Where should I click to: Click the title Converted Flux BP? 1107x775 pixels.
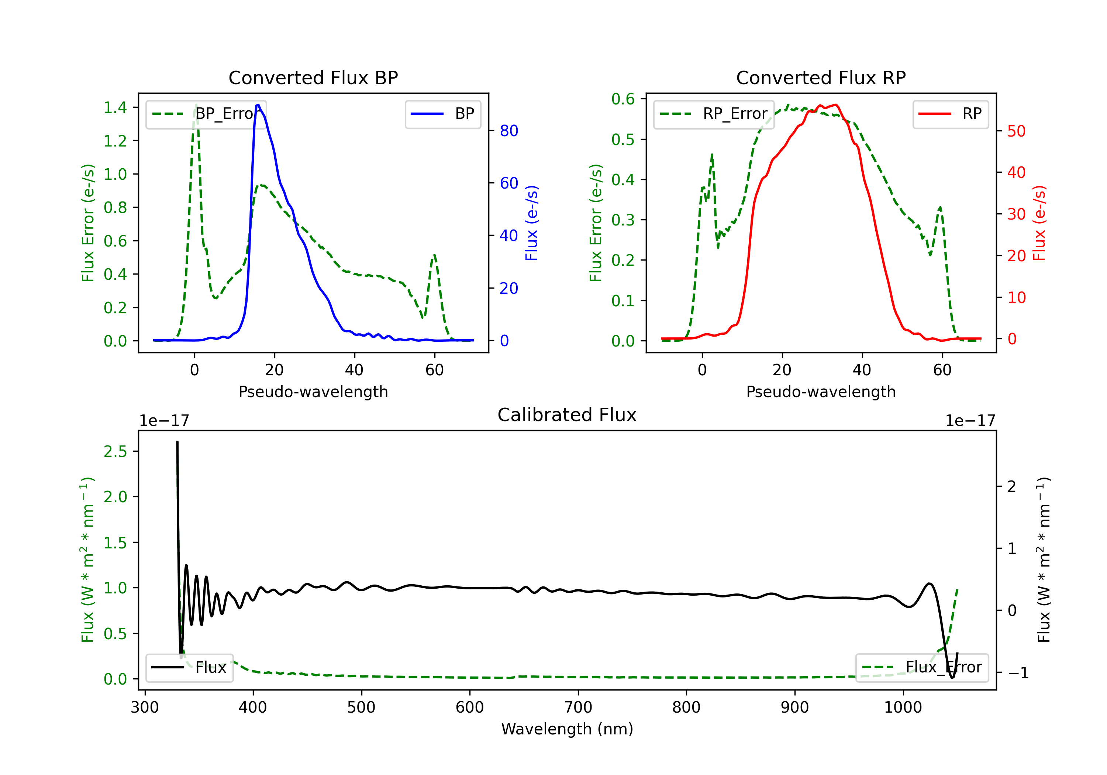[313, 77]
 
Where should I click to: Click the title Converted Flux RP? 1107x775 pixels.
[821, 77]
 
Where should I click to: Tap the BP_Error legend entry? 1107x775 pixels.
[206, 114]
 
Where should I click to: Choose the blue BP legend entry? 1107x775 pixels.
[442, 114]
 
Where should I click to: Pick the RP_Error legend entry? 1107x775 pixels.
[714, 114]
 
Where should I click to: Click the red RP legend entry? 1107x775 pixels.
[950, 114]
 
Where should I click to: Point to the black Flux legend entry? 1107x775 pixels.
[190, 668]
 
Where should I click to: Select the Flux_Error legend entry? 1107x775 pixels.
[921, 668]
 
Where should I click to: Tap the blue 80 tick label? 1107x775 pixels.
[508, 131]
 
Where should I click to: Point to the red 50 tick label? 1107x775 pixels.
[1016, 131]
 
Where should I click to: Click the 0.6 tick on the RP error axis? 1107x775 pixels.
[623, 99]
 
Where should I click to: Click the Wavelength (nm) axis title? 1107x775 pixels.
[567, 729]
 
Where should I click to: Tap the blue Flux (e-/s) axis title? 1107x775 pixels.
[531, 223]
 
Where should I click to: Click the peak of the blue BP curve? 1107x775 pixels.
[258, 105]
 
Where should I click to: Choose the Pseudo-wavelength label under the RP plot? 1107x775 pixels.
[821, 392]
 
